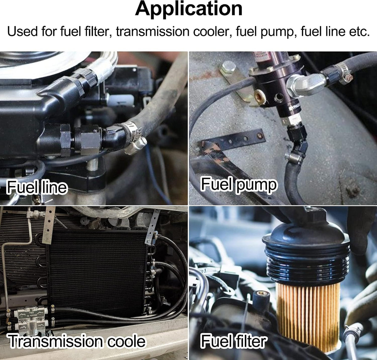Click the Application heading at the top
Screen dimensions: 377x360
188,9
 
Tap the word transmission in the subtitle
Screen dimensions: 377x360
153,31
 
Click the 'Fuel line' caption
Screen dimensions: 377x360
37,187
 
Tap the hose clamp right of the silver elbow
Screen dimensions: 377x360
343,73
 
